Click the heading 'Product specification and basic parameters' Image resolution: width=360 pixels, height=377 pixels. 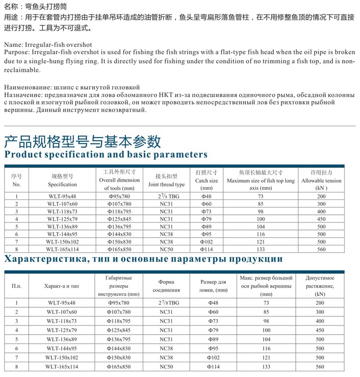[x=106, y=154]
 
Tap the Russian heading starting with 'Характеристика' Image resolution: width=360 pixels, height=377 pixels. [x=143, y=259]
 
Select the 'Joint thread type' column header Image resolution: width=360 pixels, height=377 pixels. [x=166, y=180]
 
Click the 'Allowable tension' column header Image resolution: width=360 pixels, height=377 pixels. [x=322, y=180]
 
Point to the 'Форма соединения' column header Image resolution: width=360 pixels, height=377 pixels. [x=166, y=286]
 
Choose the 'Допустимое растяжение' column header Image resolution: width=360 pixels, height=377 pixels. [x=320, y=286]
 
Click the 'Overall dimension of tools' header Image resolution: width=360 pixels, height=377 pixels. [x=119, y=180]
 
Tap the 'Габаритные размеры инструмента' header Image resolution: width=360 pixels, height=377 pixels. [x=119, y=286]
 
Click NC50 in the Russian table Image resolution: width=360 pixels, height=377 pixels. [x=166, y=366]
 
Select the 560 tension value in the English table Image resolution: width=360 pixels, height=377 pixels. [x=320, y=249]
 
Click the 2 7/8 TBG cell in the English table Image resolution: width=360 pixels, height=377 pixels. [x=166, y=196]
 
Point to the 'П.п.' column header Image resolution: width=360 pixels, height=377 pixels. [x=16, y=286]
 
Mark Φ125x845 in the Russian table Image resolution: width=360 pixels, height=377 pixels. [x=119, y=330]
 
